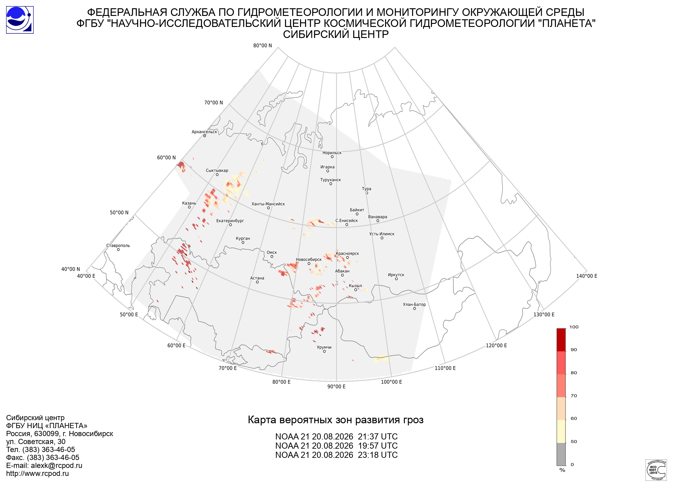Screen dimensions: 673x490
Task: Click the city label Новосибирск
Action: click(309, 260)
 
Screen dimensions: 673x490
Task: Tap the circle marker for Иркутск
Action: click(396, 279)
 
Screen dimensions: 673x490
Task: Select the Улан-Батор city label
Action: click(414, 304)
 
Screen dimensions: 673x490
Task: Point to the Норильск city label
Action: click(332, 153)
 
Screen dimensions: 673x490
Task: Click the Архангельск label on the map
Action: click(204, 132)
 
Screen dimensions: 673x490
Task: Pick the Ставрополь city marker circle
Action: click(118, 250)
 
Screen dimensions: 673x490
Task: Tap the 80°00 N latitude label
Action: click(262, 46)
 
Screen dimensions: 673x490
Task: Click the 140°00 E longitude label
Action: click(587, 276)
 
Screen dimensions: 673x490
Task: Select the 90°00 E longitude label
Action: click(336, 386)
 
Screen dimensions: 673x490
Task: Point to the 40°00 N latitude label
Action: click(71, 269)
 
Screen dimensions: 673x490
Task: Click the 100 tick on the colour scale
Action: click(574, 327)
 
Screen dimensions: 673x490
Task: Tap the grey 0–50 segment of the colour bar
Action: click(561, 454)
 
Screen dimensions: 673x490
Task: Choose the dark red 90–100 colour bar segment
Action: click(561, 340)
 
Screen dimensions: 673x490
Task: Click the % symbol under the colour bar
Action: click(562, 470)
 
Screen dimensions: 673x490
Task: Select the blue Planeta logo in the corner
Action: click(20, 20)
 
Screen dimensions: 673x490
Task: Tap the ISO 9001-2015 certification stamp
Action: click(656, 470)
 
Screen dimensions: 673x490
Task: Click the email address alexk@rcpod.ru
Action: click(57, 466)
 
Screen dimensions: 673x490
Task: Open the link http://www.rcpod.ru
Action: click(37, 473)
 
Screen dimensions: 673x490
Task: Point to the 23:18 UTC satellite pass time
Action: click(378, 455)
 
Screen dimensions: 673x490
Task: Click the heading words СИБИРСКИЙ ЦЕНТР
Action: click(336, 34)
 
